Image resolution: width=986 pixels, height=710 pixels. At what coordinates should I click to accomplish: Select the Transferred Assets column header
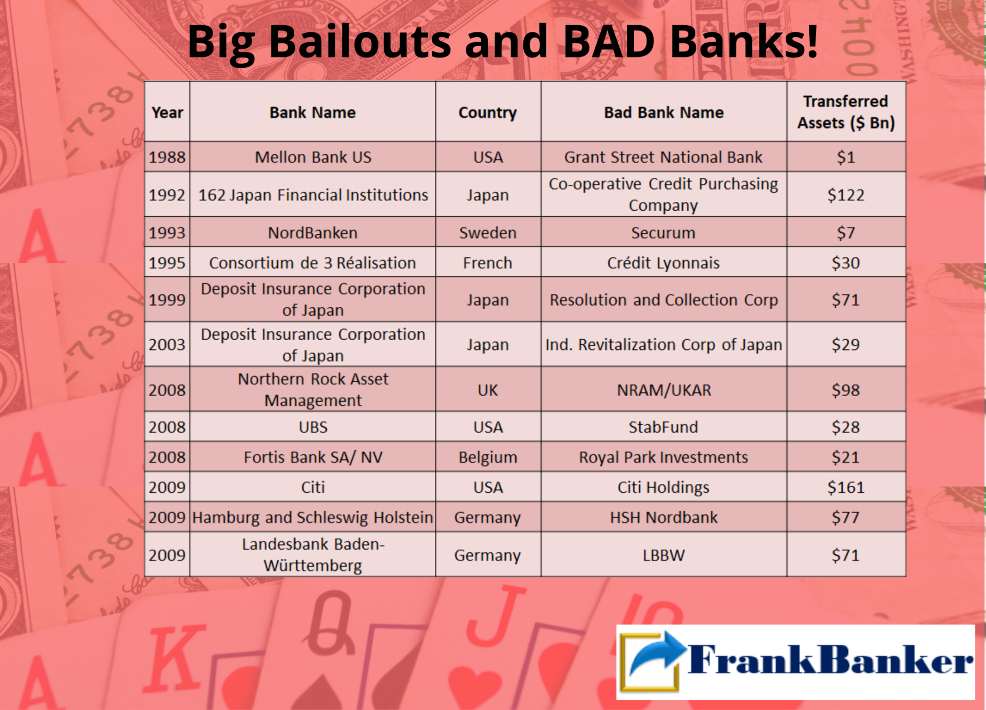click(846, 112)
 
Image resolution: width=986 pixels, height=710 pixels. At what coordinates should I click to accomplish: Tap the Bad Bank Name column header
click(663, 112)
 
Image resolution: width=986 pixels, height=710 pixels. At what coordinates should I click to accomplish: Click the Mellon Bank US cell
click(313, 157)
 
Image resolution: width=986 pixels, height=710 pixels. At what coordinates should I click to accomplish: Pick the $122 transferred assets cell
click(846, 195)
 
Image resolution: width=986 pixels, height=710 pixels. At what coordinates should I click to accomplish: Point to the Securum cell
click(663, 232)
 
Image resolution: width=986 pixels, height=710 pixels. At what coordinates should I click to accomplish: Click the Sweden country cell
click(488, 232)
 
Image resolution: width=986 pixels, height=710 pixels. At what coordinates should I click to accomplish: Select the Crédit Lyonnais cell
click(663, 263)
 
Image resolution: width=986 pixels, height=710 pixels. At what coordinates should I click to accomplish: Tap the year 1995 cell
click(167, 263)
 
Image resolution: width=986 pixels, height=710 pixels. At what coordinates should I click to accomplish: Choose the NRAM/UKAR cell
click(663, 390)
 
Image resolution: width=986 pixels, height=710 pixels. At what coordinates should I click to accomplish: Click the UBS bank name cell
click(313, 427)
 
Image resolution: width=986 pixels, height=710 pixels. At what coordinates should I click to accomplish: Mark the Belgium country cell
click(488, 457)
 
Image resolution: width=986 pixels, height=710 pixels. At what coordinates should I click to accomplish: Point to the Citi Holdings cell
click(663, 487)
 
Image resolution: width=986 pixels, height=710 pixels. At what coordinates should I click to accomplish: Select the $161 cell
click(846, 487)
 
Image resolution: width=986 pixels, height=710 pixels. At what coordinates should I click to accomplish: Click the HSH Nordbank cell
click(663, 517)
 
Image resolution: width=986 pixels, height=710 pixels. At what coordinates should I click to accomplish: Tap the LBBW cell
click(663, 555)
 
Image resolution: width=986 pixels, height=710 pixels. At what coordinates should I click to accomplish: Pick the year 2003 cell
click(167, 344)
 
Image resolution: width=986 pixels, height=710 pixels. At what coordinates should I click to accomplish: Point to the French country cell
click(488, 263)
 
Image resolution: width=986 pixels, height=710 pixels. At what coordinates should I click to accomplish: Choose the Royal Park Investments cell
click(663, 457)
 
